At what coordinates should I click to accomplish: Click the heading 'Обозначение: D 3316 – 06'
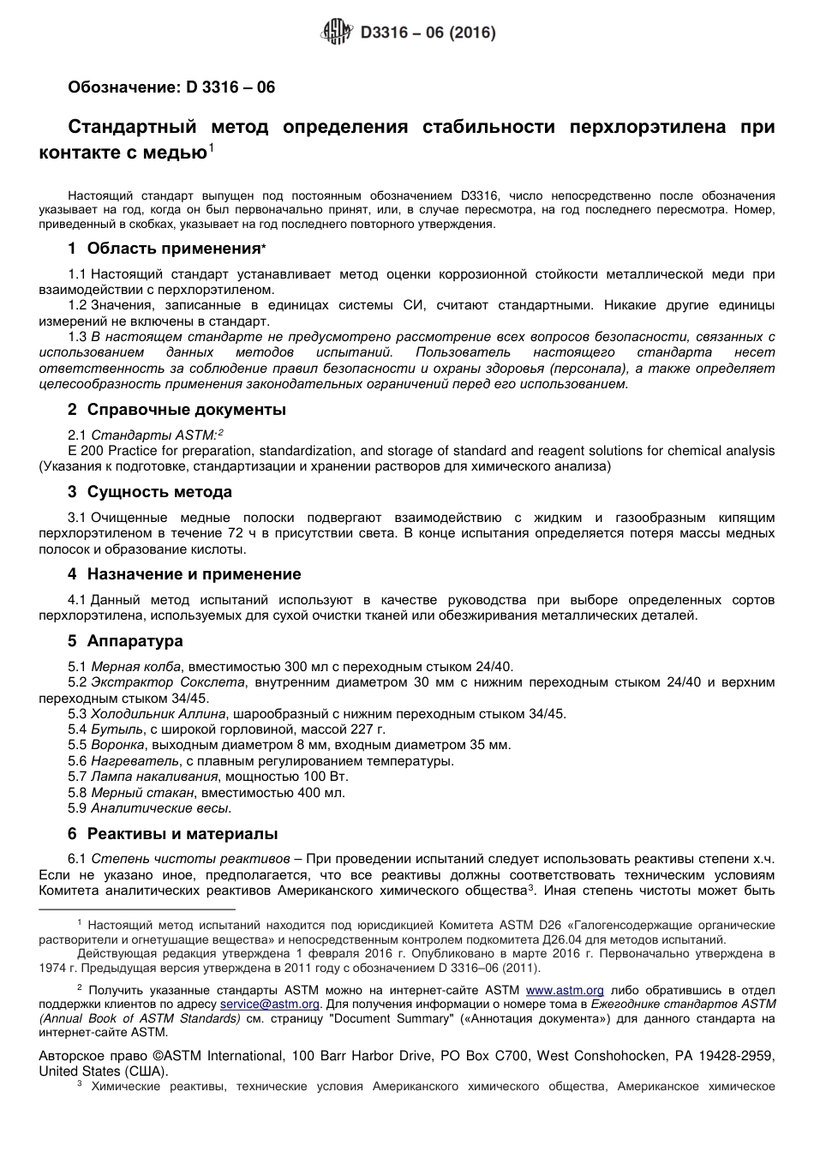171,87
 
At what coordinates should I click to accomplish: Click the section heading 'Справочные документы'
187,410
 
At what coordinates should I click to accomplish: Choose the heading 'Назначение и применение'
194,574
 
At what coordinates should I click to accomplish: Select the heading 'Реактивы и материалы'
183,834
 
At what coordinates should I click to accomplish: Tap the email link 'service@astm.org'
270,1004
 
